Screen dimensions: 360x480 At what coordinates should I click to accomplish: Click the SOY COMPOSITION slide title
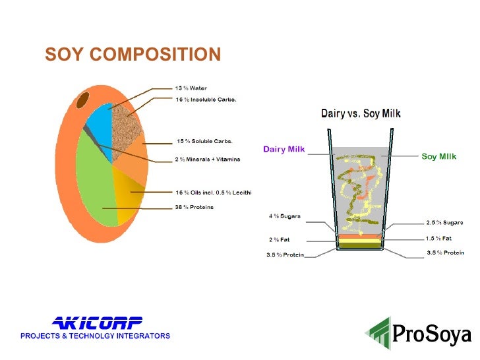pos(133,54)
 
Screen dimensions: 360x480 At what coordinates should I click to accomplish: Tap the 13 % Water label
pos(191,88)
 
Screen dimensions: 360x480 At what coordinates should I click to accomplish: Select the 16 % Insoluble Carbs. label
pos(206,100)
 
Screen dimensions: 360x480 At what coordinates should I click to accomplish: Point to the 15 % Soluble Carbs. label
pos(204,141)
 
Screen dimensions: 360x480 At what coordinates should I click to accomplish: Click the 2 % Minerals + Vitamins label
pos(207,159)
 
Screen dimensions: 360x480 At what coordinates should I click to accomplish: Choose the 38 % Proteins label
pos(194,207)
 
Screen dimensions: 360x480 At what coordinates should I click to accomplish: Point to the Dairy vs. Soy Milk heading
pos(361,113)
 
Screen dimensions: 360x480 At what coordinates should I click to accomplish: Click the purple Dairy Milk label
pos(284,148)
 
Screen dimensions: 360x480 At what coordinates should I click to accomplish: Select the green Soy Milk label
pos(438,157)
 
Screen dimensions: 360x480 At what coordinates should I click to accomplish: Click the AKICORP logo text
pos(97,322)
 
